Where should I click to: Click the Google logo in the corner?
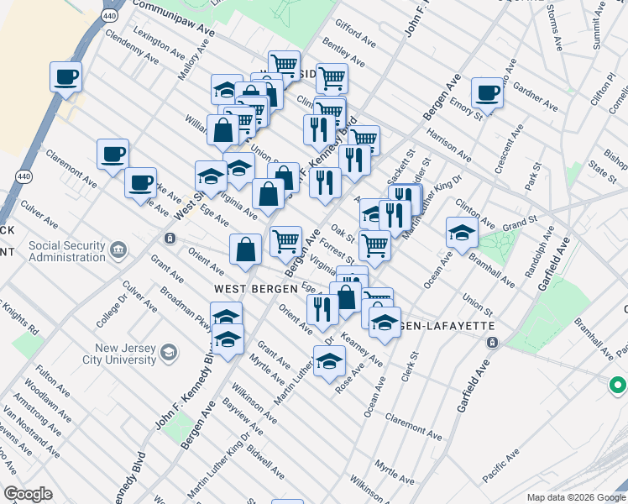(x=28, y=494)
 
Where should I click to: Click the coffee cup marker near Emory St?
(x=487, y=92)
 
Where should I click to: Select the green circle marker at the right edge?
(x=617, y=386)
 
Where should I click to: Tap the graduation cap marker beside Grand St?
(x=462, y=232)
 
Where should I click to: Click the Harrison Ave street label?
(x=447, y=144)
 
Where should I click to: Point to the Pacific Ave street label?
(x=501, y=469)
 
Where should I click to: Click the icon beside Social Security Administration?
(x=118, y=249)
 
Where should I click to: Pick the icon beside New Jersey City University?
(x=169, y=351)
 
